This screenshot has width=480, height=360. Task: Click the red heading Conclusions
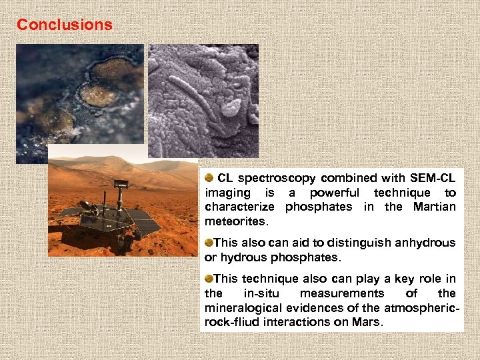tap(65, 25)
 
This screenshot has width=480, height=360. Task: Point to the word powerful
tap(335, 193)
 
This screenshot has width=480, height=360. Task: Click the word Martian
tap(434, 207)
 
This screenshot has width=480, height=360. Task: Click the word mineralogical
tap(243, 307)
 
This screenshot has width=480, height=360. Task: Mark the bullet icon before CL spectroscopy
tap(209, 177)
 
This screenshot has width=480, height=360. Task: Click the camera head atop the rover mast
tap(121, 183)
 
